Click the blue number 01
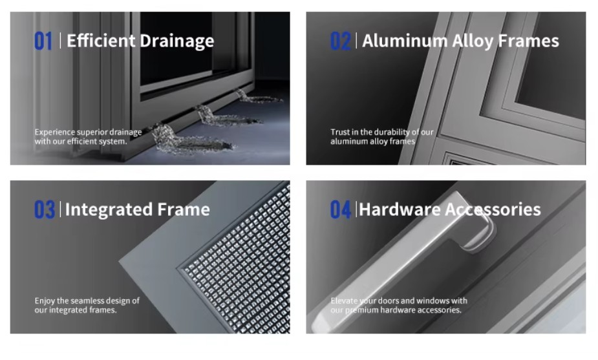tap(43, 41)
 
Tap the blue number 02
tap(340, 41)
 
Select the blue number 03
tap(45, 209)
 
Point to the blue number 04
tap(341, 209)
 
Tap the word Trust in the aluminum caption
tap(339, 132)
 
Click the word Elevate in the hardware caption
tap(344, 301)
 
